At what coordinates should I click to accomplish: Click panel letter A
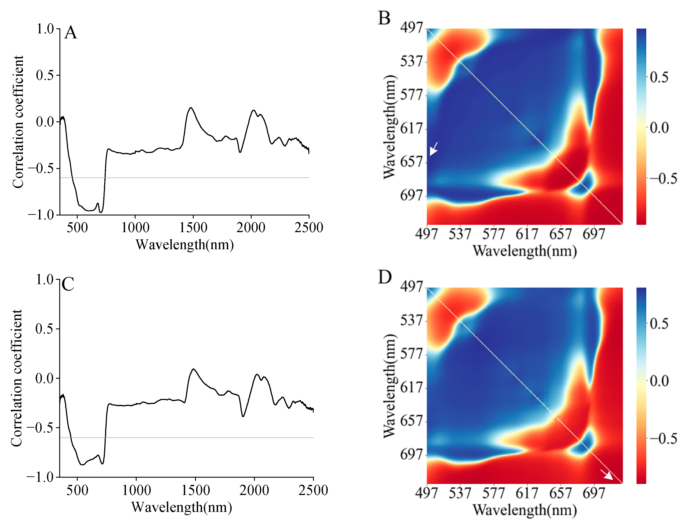point(70,33)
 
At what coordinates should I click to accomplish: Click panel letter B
point(384,18)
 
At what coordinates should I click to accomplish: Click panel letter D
point(385,277)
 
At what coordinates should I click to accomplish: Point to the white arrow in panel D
point(607,475)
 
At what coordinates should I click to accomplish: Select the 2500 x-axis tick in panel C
point(313,490)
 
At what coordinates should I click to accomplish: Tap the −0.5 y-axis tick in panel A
point(41,169)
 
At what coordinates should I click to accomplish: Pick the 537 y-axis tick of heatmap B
point(411,61)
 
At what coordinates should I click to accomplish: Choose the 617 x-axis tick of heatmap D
point(527,493)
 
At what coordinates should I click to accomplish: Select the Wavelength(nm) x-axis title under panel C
point(182,507)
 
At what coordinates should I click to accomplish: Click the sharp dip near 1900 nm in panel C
point(243,416)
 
